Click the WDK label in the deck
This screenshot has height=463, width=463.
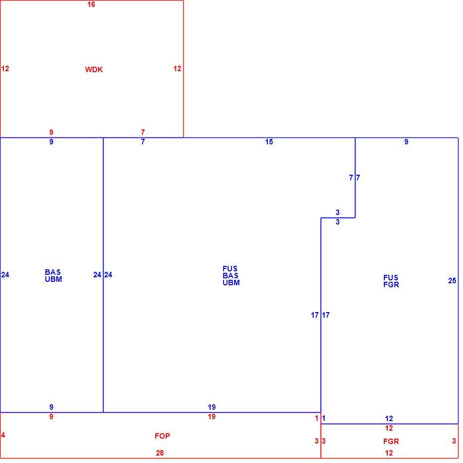94,70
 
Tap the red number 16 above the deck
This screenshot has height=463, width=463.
91,4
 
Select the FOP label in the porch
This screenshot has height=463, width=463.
162,436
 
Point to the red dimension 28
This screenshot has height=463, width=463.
160,453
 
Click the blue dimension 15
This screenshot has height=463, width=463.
269,142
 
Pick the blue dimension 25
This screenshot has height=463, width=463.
452,280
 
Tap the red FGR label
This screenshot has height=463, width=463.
391,442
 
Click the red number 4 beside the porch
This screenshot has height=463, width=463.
3,435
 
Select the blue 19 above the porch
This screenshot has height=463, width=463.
212,407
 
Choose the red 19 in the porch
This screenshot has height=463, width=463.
212,417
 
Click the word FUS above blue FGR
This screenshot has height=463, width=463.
391,278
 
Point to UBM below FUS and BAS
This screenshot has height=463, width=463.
231,283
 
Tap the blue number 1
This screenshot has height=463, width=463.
324,418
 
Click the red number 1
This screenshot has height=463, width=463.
317,418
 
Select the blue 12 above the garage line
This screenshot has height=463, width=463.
389,418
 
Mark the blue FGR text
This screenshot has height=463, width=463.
391,285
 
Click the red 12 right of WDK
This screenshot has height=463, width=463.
177,69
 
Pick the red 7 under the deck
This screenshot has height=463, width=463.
143,132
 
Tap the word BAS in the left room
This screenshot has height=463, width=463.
53,272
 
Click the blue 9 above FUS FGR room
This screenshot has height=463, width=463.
406,142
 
